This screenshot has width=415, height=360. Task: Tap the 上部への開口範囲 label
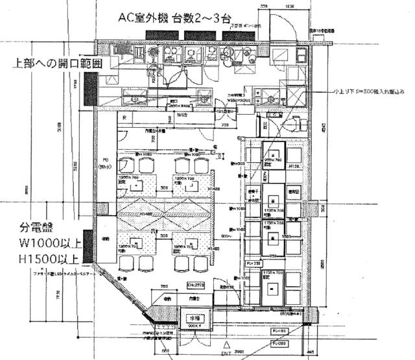click(55, 64)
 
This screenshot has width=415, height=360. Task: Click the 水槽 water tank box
click(194, 318)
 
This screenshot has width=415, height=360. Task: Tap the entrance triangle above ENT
click(226, 342)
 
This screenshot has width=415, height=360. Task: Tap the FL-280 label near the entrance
click(280, 344)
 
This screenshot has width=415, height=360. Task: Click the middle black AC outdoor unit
click(196, 35)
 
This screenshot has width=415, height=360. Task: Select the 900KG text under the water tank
click(195, 328)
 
